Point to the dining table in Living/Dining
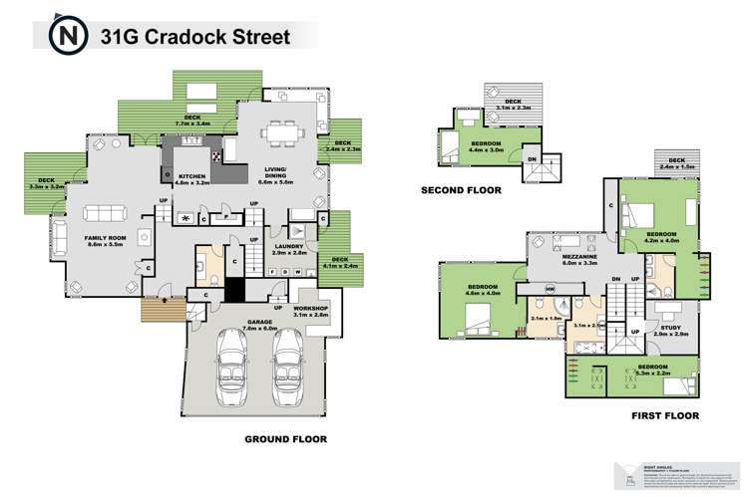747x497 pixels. pyautogui.click(x=277, y=132)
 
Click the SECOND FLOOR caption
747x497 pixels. pyautogui.click(x=460, y=189)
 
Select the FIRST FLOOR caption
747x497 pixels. pyautogui.click(x=664, y=415)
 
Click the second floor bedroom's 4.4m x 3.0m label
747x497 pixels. pyautogui.click(x=487, y=149)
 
